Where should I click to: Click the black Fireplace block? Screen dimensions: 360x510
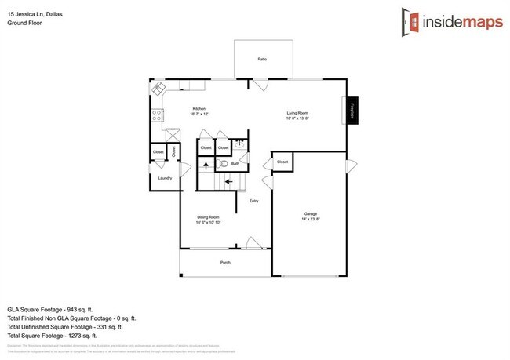353,111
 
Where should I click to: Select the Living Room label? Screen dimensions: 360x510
297,114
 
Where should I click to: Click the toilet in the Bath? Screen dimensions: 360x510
222,164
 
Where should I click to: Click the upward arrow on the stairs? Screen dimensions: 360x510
206,165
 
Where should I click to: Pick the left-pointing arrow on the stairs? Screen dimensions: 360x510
228,182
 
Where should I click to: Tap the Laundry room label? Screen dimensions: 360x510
165,178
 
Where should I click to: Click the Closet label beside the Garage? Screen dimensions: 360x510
282,162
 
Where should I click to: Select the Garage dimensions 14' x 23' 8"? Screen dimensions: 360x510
311,220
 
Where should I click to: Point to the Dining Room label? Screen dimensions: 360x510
208,217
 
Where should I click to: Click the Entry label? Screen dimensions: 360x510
253,202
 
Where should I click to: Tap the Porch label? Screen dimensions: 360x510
224,263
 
